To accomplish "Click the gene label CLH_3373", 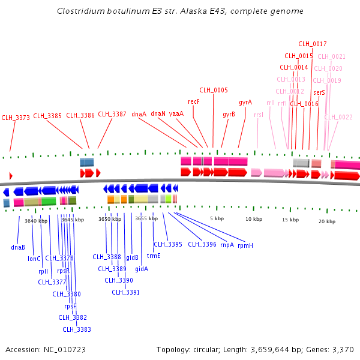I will pyautogui.click(x=16, y=118).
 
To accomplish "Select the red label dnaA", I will pyautogui.click(x=139, y=113).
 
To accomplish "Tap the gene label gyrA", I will pyautogui.click(x=245, y=102).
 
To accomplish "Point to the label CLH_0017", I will pyautogui.click(x=313, y=44).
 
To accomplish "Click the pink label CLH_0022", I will pyautogui.click(x=338, y=117).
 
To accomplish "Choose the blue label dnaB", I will pyautogui.click(x=18, y=247).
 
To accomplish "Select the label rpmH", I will pyautogui.click(x=245, y=245).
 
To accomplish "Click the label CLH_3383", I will pyautogui.click(x=77, y=329).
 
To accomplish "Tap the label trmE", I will pyautogui.click(x=154, y=256).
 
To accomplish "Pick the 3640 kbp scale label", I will pyautogui.click(x=36, y=221).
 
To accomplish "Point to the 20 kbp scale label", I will pyautogui.click(x=327, y=221).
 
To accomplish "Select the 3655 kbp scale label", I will pyautogui.click(x=146, y=219).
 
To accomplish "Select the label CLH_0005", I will pyautogui.click(x=214, y=90).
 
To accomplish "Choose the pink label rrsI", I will pyautogui.click(x=259, y=114).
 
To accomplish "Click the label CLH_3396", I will pyautogui.click(x=202, y=244).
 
